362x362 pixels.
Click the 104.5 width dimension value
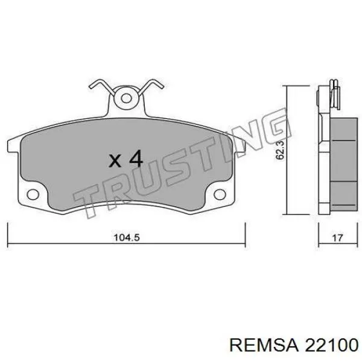[127, 238]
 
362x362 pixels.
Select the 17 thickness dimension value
[337, 238]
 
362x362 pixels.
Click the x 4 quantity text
[125, 159]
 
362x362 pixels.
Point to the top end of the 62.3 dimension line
[285, 87]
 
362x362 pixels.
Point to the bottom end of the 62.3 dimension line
[285, 213]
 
